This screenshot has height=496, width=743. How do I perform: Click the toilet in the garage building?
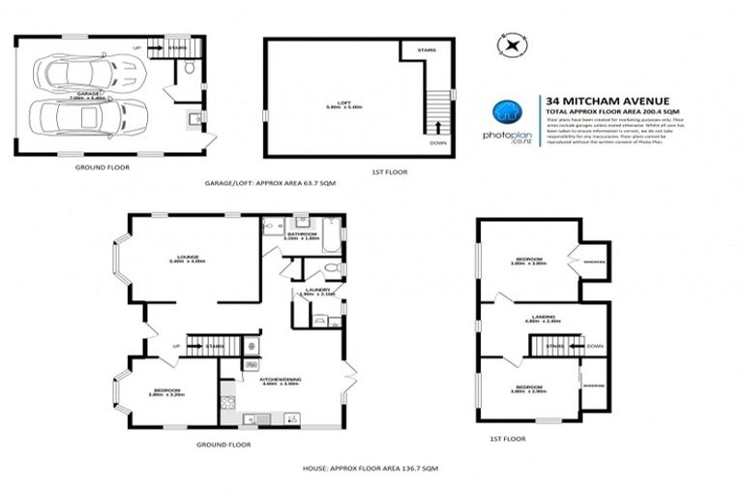click(189, 69)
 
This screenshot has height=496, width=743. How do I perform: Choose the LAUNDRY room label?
click(318, 288)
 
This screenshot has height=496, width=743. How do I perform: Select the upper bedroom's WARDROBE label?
click(593, 261)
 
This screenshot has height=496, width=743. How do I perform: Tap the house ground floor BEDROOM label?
click(166, 390)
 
